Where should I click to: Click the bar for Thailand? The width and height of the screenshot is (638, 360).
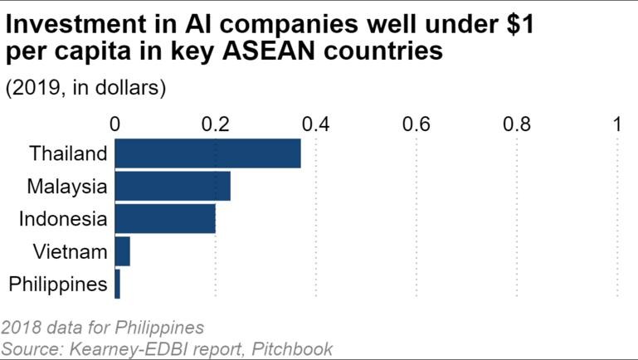click(207, 154)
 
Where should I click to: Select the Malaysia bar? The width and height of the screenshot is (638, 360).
click(173, 187)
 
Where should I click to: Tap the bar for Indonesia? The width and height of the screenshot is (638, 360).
click(165, 219)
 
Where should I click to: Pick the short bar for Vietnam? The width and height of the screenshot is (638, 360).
click(123, 251)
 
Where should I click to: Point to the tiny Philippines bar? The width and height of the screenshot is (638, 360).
click(118, 285)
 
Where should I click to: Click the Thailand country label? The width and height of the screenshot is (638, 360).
click(68, 154)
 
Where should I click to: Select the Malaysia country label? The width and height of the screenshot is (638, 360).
click(66, 187)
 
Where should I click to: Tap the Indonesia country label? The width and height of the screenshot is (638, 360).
click(63, 219)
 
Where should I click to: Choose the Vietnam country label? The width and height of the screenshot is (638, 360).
click(71, 251)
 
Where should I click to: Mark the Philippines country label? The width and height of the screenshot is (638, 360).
click(57, 285)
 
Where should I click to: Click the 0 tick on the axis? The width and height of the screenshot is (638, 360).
click(115, 124)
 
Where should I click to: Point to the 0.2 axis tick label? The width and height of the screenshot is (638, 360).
click(216, 124)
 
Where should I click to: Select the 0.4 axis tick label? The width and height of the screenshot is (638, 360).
click(316, 124)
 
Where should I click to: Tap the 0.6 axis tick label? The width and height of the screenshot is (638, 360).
click(416, 124)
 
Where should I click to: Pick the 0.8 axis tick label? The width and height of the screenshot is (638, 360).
click(517, 124)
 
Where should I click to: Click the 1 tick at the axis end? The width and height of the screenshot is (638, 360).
click(617, 124)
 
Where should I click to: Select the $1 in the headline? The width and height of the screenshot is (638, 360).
click(514, 23)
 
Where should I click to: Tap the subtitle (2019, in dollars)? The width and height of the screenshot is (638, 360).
click(86, 89)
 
